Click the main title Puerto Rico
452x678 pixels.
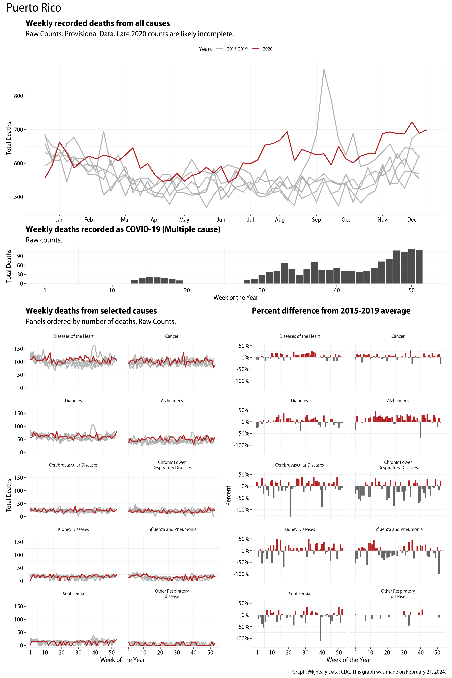tap(34, 8)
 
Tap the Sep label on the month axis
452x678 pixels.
tap(316, 220)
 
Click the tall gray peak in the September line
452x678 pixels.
tap(324, 70)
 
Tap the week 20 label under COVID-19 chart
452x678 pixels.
tap(187, 290)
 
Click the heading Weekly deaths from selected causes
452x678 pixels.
tap(91, 311)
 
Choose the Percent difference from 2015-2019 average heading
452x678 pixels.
tap(331, 311)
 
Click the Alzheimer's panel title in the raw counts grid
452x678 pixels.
tap(172, 401)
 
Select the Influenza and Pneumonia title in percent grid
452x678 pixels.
tap(398, 529)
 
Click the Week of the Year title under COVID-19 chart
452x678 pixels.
tap(236, 298)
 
